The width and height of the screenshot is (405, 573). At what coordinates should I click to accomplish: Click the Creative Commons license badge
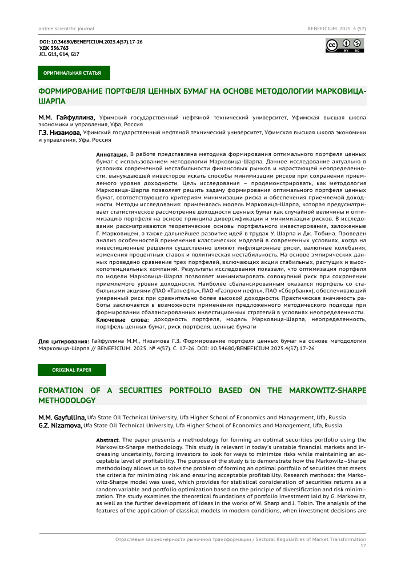pos(344,46)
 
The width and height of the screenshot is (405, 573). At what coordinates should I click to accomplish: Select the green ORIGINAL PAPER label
pos(71,370)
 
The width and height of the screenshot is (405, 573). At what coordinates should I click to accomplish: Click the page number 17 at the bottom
pos(363,546)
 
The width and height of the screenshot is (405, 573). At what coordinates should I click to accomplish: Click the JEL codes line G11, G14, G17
pos(59,54)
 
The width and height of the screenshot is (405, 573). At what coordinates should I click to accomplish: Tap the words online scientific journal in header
pos(66,28)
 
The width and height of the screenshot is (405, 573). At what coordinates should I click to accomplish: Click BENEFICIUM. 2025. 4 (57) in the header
pos(337,28)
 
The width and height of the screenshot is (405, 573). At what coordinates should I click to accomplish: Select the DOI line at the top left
pos(90,42)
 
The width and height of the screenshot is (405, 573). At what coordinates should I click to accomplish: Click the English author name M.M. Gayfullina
pos(62,418)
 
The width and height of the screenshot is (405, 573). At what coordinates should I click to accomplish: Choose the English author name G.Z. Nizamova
pos(60,426)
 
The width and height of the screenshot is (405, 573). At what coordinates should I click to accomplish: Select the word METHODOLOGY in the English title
pos(66,401)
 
